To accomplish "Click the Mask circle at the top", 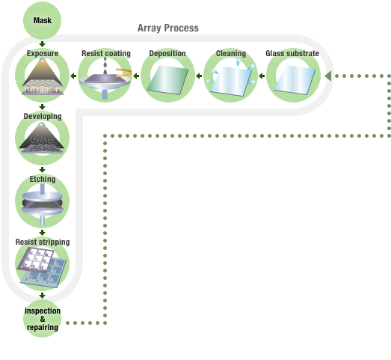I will (x=42, y=20).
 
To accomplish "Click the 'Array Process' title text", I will (x=167, y=28).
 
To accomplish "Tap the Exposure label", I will (x=42, y=54).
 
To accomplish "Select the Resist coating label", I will (x=105, y=54).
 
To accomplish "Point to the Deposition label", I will (x=167, y=54).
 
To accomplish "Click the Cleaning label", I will (x=230, y=54).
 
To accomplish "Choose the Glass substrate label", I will (x=292, y=54).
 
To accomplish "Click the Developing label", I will (x=42, y=117).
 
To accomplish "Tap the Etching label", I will (x=42, y=180).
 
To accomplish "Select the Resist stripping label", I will (x=43, y=242).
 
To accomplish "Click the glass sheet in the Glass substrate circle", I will (x=292, y=79).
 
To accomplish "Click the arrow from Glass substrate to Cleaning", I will (x=262, y=76).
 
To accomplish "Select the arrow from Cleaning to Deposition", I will (x=199, y=76).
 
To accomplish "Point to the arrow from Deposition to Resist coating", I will (x=137, y=76).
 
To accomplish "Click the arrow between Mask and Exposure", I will (x=42, y=43).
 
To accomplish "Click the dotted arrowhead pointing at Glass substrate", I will (x=327, y=76).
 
